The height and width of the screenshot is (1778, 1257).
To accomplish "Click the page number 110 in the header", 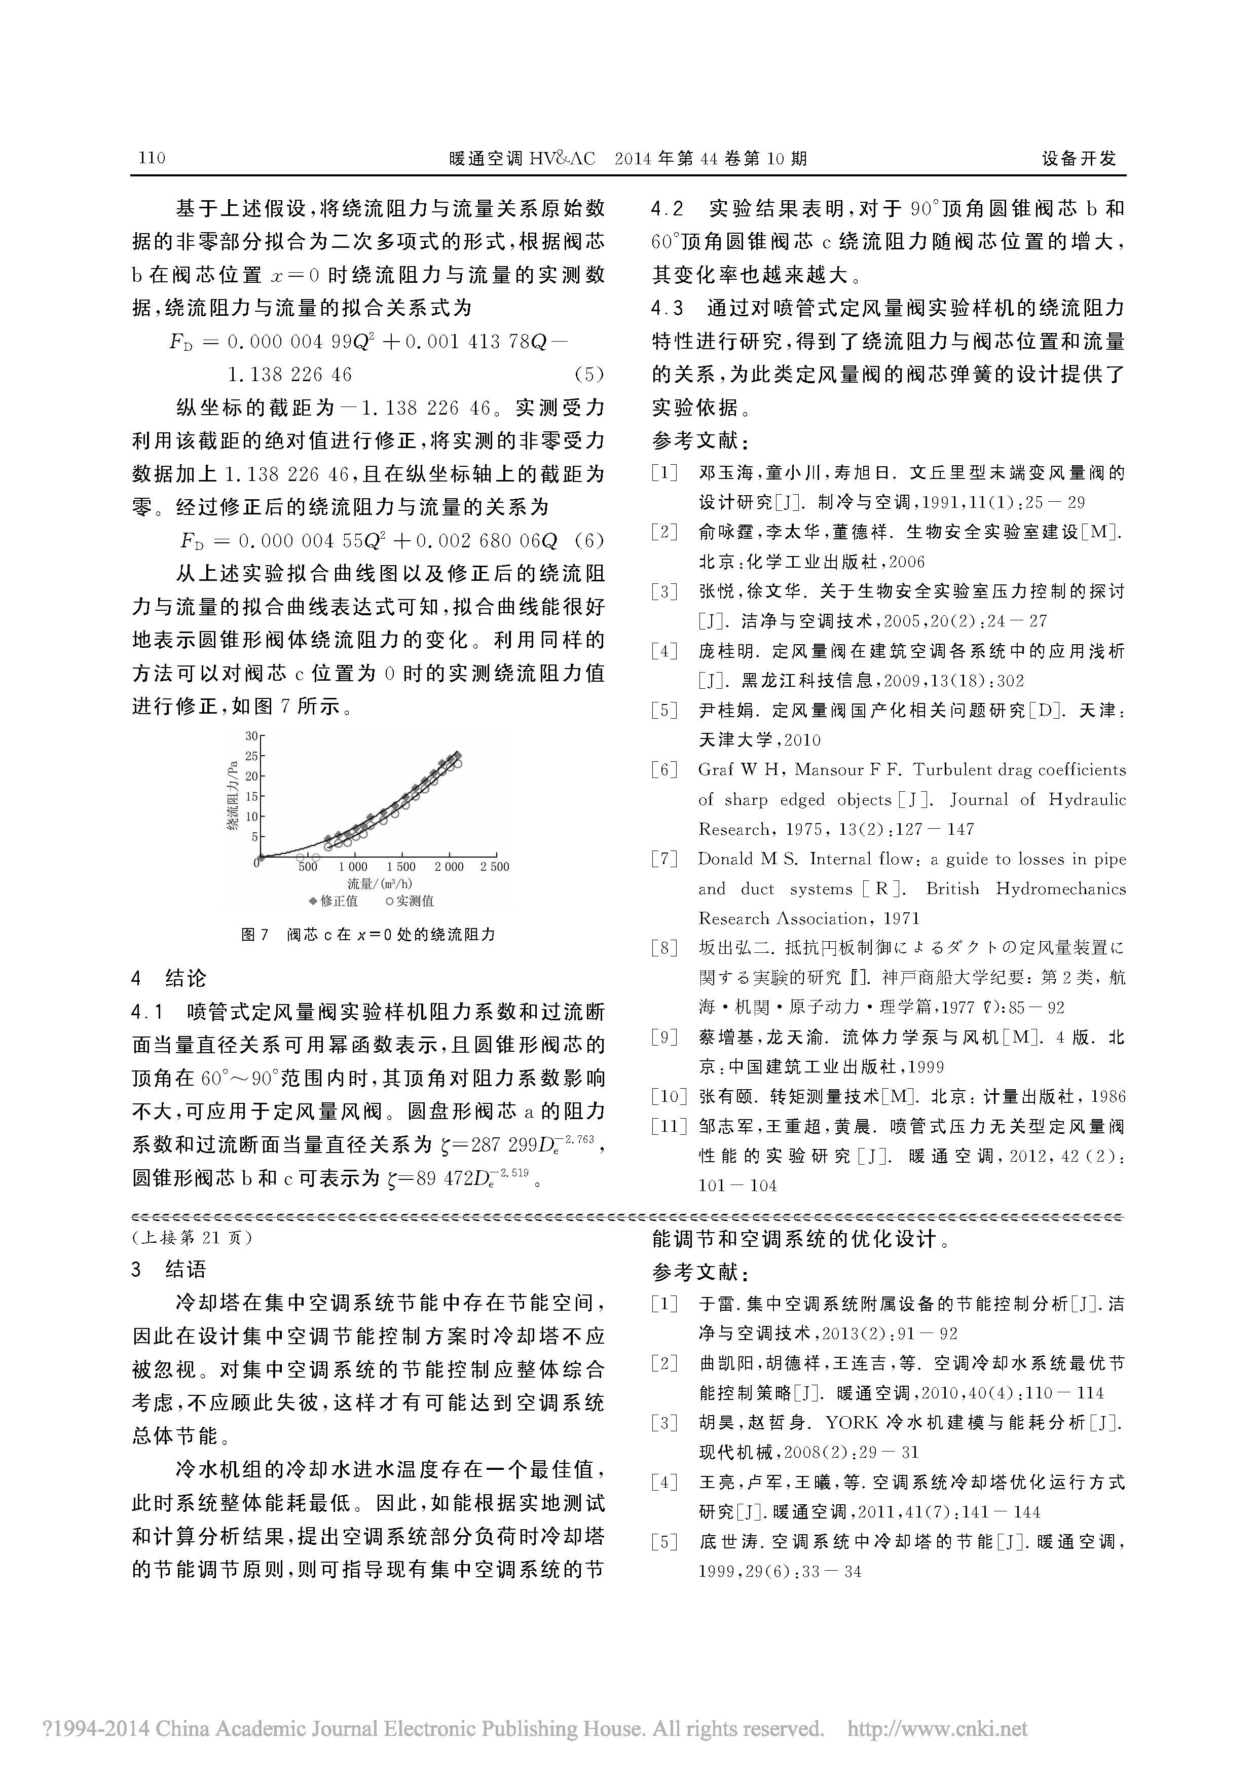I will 152,158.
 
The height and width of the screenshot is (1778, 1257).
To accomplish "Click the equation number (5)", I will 588,375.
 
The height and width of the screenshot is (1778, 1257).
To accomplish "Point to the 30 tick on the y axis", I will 251,735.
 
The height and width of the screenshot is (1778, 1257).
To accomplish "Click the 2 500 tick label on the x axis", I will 494,867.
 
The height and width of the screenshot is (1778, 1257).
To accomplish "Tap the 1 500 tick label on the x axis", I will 401,867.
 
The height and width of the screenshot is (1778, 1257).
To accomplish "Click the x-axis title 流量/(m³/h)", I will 380,883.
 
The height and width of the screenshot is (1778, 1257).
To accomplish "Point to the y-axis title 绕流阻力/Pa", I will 232,796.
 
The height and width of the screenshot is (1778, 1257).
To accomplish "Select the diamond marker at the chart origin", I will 261,857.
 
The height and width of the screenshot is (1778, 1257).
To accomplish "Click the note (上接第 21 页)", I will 192,1238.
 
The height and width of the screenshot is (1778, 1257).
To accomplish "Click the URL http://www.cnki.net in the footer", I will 937,1728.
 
